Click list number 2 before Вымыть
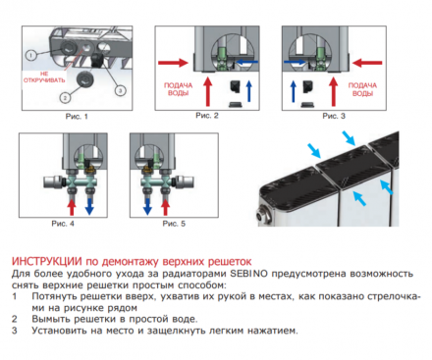click(x=15, y=318)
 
